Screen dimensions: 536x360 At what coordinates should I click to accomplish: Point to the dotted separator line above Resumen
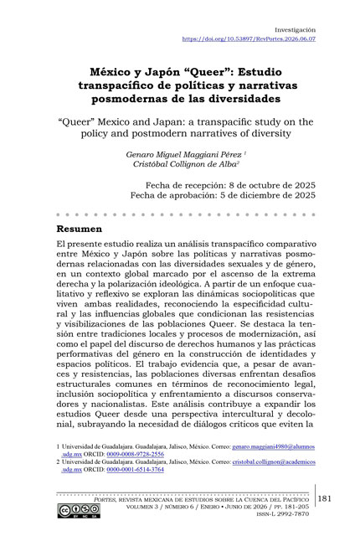pyautogui.click(x=179, y=214)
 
